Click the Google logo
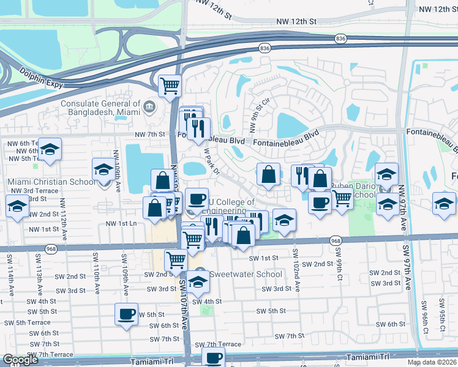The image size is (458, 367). pos(21,360)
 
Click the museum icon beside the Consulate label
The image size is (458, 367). pos(149,108)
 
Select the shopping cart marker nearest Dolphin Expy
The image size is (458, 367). pos(170,86)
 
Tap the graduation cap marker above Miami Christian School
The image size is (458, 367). pos(103,169)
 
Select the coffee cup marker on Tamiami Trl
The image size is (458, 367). pos(213,357)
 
